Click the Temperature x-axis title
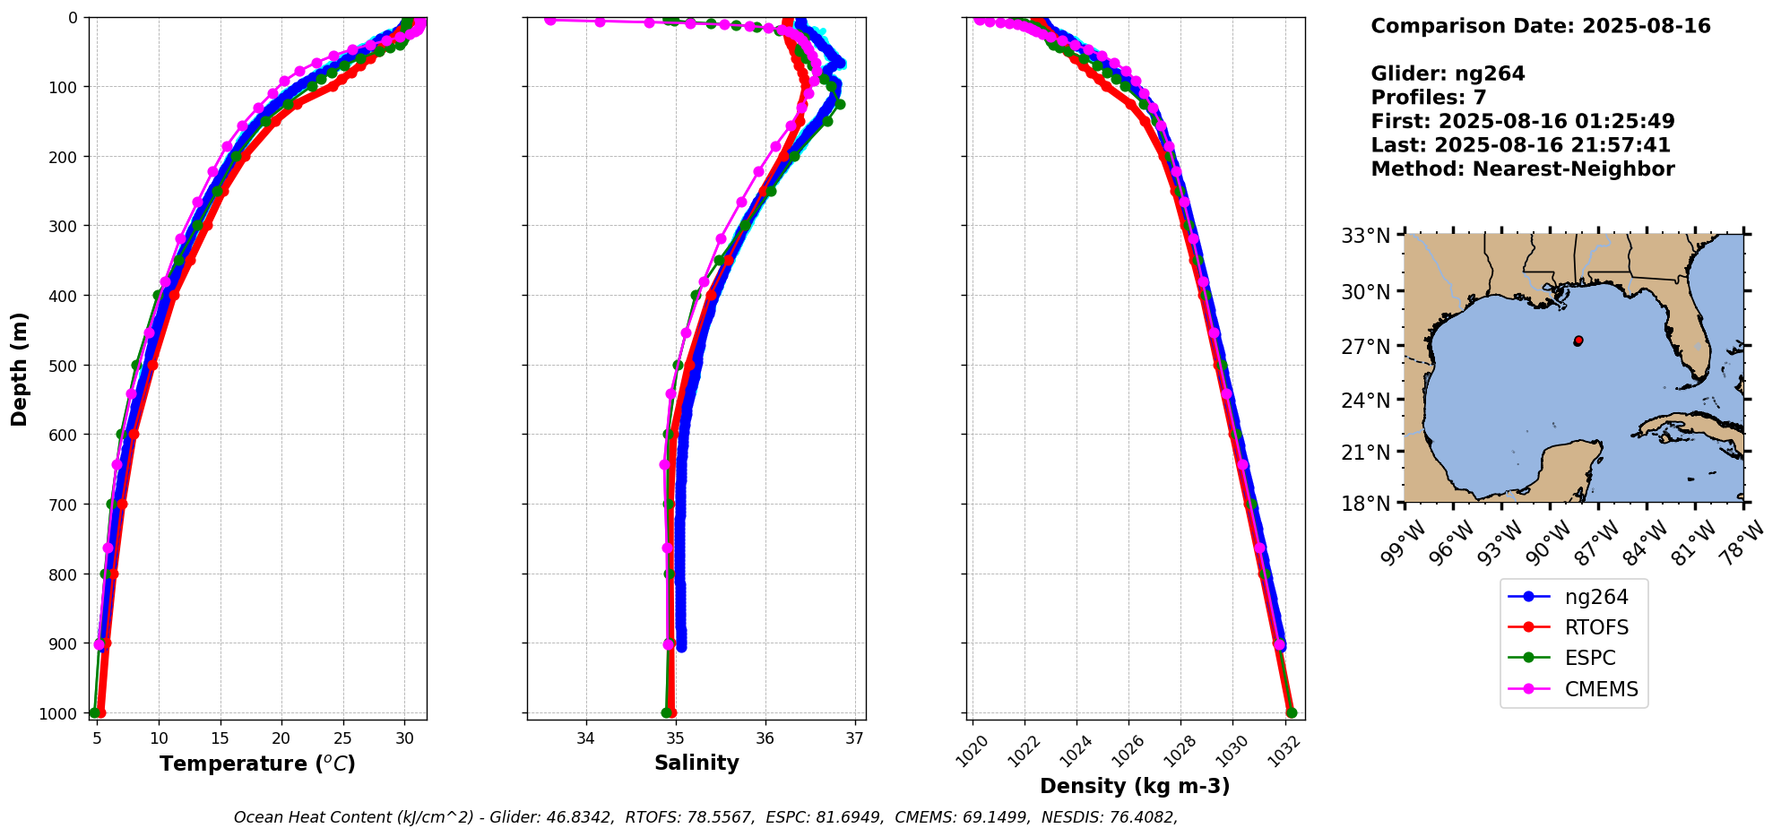[x=257, y=764]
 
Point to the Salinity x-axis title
[x=696, y=764]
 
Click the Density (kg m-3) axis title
[x=1135, y=786]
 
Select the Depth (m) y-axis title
[x=20, y=368]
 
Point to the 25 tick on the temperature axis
[x=342, y=738]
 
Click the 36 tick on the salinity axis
[x=765, y=738]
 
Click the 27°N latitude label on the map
[x=1365, y=346]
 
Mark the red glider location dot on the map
[x=1578, y=341]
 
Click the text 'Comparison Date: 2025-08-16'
[x=1541, y=26]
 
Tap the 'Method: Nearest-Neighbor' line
[x=1523, y=168]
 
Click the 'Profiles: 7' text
[x=1429, y=98]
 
